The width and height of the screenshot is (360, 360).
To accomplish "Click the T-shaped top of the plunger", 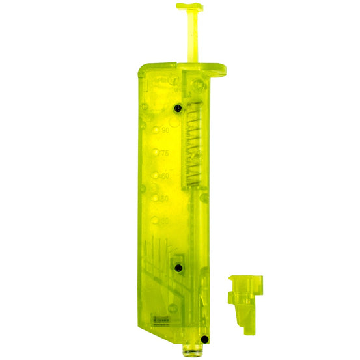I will [x=189, y=7].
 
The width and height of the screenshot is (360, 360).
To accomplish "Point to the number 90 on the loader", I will [x=165, y=130].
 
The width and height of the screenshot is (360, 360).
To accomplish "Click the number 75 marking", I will [x=165, y=154].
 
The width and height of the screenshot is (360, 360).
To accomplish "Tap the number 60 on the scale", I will [x=165, y=176].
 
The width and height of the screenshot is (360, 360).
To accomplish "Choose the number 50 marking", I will [x=165, y=198].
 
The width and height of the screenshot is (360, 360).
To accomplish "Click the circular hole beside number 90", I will [x=156, y=131].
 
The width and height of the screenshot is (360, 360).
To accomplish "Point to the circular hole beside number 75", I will [x=156, y=154].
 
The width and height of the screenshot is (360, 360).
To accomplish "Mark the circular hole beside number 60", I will [x=156, y=176].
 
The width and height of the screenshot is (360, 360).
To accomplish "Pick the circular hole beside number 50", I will [x=156, y=198].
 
